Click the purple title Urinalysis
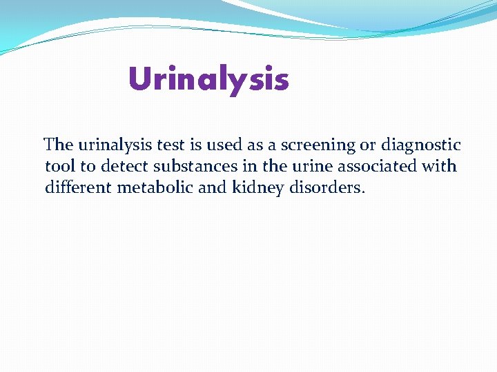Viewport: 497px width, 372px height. pyautogui.click(x=208, y=79)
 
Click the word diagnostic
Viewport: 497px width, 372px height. pyautogui.click(x=422, y=145)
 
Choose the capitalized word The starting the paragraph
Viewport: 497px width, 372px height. pyautogui.click(x=58, y=145)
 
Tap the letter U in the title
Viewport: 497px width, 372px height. pyautogui.click(x=139, y=79)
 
